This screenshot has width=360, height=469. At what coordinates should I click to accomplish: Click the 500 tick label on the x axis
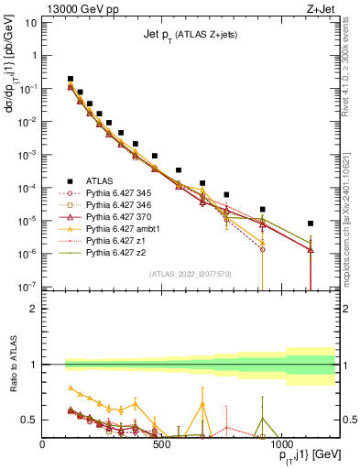click(x=161, y=444)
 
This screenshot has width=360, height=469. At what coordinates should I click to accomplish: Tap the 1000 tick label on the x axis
click(x=280, y=444)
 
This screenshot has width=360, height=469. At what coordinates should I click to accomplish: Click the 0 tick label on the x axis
click(x=43, y=444)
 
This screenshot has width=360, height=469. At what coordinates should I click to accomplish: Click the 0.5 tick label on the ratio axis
click(x=29, y=420)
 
